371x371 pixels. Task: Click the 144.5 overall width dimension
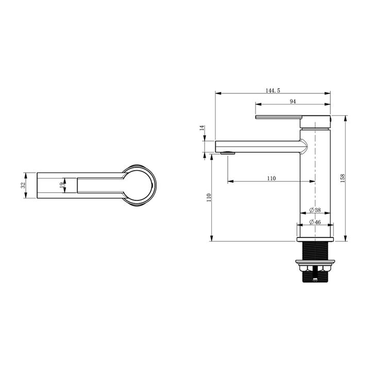(x=273, y=90)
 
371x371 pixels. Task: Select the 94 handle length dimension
(x=292, y=102)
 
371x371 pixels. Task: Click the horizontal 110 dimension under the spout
(x=271, y=178)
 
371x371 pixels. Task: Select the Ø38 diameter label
(x=315, y=210)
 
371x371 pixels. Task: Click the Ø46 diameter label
(x=315, y=222)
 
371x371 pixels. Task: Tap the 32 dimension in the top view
(x=23, y=185)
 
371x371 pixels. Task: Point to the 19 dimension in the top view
(x=61, y=185)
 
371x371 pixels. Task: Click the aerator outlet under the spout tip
(x=227, y=153)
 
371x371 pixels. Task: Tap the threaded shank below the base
(x=314, y=253)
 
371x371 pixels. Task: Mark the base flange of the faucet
(x=314, y=240)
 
